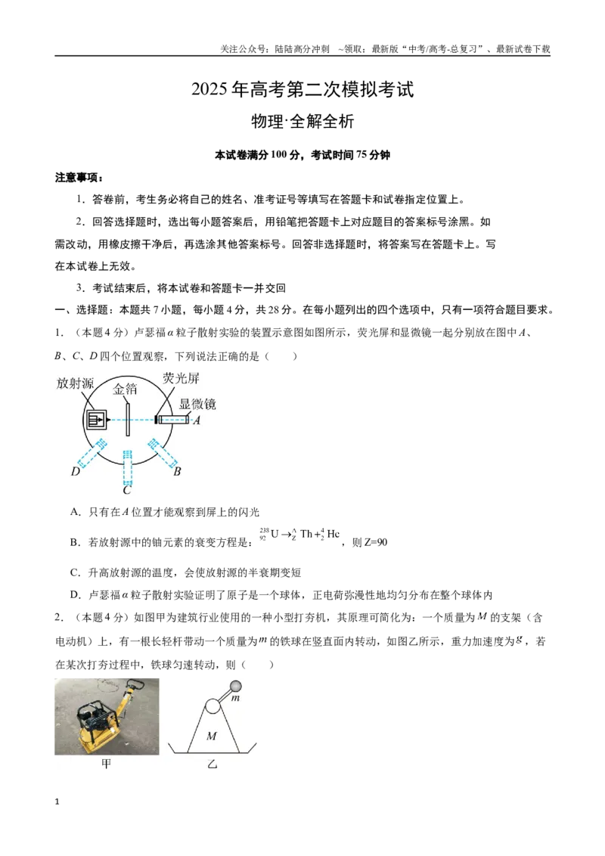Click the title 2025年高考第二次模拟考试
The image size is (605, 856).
(x=302, y=89)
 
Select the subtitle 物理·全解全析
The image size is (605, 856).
(x=302, y=121)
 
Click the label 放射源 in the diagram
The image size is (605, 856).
(x=76, y=383)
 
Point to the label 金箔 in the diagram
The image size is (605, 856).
(x=125, y=389)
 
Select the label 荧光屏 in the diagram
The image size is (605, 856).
(x=181, y=378)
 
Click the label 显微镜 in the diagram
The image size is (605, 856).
(x=197, y=404)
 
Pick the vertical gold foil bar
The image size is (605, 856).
(x=128, y=419)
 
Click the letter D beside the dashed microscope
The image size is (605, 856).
(x=76, y=471)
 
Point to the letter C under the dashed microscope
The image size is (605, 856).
(x=127, y=490)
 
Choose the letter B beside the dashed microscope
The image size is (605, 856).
(x=177, y=471)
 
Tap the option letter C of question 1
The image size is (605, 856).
(x=76, y=572)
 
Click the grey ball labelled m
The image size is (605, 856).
(x=236, y=686)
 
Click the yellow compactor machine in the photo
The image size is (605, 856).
(x=105, y=718)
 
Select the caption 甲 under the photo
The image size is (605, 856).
(x=107, y=764)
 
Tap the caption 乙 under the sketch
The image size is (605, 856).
(x=212, y=764)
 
